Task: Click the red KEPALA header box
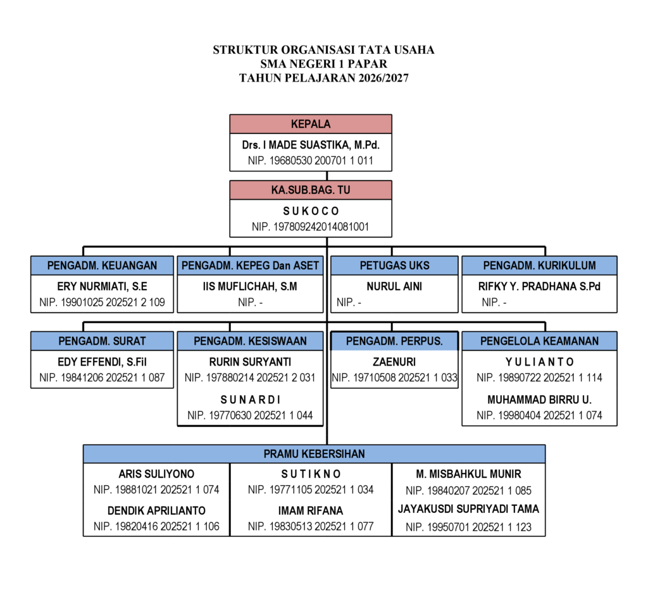coord(311,124)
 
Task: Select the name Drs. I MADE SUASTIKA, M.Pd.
coord(311,145)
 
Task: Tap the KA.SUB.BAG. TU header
coord(311,190)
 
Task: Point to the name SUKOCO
coord(311,211)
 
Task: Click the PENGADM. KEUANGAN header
coord(102,266)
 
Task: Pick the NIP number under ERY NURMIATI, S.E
coord(102,302)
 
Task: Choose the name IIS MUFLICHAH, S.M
coord(250,286)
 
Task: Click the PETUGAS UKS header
coord(394,266)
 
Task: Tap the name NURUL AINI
coord(394,286)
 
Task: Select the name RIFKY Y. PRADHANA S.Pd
coord(539,286)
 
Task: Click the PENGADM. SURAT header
coord(102,342)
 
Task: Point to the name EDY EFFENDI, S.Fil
coord(102,362)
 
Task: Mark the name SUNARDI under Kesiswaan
coord(250,400)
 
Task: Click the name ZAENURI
coord(394,362)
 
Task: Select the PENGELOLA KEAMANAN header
coord(539,342)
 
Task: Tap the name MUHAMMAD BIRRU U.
coord(539,400)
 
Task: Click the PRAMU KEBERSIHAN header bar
coord(314,454)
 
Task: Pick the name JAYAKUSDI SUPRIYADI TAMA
coord(468,509)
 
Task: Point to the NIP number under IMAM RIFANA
coord(311,526)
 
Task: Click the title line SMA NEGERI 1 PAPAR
coord(323,64)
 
